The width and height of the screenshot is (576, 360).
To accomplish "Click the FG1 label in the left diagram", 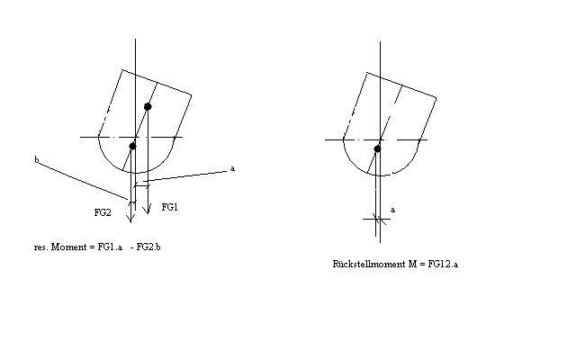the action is (169, 207).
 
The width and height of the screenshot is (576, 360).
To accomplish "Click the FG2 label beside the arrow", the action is (103, 212).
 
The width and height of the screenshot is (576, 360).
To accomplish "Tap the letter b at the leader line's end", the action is (36, 160).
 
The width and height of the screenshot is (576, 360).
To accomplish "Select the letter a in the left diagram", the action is (232, 168).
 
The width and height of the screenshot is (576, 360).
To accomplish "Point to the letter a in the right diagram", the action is (392, 210).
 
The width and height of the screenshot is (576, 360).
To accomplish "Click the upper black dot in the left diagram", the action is (148, 106).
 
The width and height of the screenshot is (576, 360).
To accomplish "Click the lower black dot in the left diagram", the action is (132, 146).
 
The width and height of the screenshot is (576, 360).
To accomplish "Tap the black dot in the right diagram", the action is (377, 148).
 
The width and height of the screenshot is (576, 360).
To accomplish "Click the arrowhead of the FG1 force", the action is (147, 211).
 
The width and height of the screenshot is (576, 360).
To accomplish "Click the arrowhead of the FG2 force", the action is (130, 219).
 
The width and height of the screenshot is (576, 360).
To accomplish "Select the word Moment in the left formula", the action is (68, 247).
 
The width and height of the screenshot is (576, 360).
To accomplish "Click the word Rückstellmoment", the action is (369, 264).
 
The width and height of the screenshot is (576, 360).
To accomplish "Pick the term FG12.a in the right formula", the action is (443, 264).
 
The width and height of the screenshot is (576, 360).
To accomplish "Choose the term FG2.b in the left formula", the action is (148, 247).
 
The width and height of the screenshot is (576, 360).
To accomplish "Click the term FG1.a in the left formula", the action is (110, 247).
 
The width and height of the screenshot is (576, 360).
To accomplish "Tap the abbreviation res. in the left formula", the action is (40, 247).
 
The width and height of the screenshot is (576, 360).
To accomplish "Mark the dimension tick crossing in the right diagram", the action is (376, 220).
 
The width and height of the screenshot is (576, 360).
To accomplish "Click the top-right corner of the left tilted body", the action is (192, 95).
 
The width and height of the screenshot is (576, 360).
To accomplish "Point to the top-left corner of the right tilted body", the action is (367, 73).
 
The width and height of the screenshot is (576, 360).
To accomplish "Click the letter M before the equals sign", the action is (412, 264).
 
